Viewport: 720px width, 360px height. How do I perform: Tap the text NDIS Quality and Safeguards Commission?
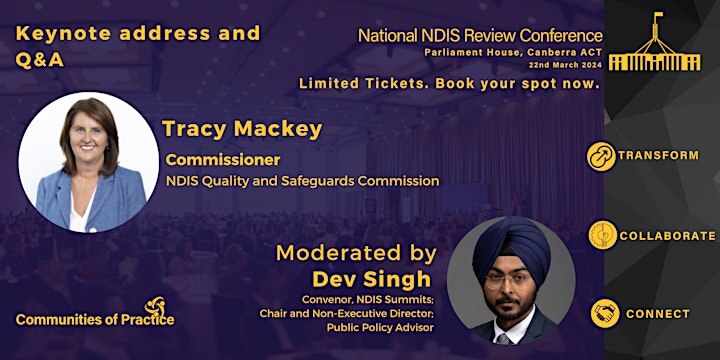click(x=302, y=181)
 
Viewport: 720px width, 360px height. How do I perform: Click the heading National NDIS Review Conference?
click(x=480, y=36)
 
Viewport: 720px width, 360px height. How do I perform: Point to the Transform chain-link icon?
click(x=601, y=156)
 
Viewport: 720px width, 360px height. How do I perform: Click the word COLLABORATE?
click(x=666, y=236)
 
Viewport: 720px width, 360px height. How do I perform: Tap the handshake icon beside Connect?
click(x=603, y=313)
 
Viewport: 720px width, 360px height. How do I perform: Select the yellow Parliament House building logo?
click(x=654, y=47)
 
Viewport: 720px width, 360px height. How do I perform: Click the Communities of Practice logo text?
click(x=95, y=319)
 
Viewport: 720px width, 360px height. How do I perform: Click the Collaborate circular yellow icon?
click(x=601, y=235)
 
